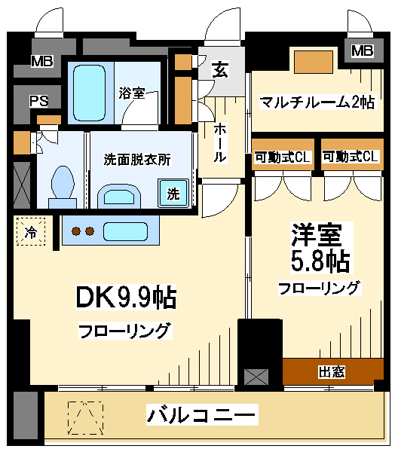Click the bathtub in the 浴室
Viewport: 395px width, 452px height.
(x=89, y=93)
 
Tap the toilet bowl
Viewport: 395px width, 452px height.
(x=62, y=182)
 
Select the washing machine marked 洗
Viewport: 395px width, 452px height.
(x=173, y=193)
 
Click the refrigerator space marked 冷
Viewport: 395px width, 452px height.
(x=31, y=231)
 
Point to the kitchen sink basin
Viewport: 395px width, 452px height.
(x=126, y=231)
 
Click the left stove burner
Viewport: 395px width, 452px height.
(x=76, y=231)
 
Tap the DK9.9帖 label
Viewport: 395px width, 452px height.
(x=126, y=297)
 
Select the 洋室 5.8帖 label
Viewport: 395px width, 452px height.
(x=321, y=248)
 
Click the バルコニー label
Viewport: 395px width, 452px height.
(x=201, y=415)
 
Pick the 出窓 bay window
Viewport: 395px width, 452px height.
(x=333, y=371)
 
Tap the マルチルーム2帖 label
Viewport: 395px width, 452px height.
(x=317, y=102)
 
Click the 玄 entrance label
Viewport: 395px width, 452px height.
(x=221, y=70)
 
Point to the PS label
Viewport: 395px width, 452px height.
(x=39, y=101)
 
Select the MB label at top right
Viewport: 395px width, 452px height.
(x=363, y=51)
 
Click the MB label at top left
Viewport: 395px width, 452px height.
(x=42, y=62)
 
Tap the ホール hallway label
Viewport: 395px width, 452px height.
(x=220, y=142)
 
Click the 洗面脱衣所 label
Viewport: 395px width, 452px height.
(x=137, y=160)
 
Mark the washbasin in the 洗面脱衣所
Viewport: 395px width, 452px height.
(x=119, y=196)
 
